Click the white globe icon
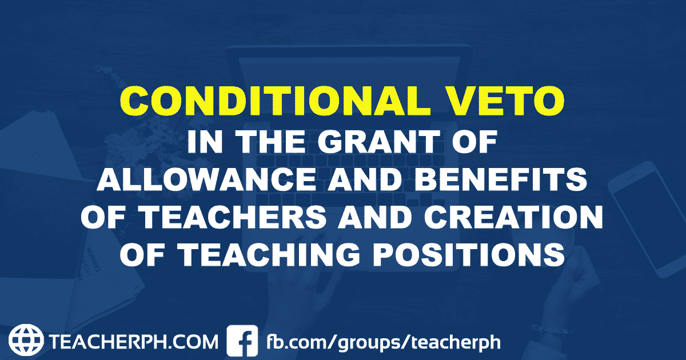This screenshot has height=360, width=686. point(27,341)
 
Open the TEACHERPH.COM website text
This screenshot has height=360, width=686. point(133,342)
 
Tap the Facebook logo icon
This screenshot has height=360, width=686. point(242,341)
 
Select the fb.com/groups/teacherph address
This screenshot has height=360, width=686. point(384,342)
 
